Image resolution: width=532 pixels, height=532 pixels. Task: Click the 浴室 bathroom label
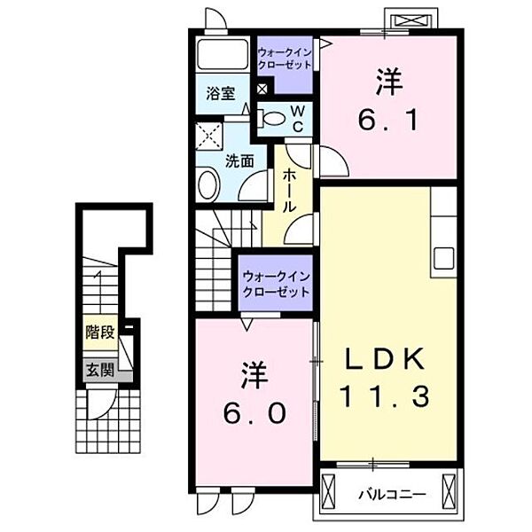[x=221, y=94]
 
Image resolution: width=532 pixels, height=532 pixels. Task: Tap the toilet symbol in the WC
[x=271, y=119]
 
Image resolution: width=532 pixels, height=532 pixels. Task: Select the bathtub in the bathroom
[x=223, y=54]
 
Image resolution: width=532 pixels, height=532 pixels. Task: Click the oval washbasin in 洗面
[x=207, y=185]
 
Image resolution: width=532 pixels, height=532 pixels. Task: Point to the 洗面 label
[x=239, y=161]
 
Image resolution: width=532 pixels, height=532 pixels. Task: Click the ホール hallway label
[x=289, y=191]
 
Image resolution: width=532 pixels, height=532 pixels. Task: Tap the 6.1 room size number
[x=387, y=120]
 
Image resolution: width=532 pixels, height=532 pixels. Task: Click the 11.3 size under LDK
[x=385, y=396]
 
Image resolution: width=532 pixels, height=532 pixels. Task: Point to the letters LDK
[x=386, y=358]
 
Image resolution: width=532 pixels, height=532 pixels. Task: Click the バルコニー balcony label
[x=392, y=495]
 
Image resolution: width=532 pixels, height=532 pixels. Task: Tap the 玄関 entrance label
[x=99, y=370]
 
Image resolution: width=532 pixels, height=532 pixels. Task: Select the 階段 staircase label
[x=99, y=332]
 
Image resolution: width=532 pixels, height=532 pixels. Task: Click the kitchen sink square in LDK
[x=443, y=258]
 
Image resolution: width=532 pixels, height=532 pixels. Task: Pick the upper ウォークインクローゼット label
[x=285, y=59]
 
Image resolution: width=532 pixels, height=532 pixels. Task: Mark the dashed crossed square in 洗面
[x=209, y=137]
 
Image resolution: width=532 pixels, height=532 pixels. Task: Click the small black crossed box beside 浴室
[x=262, y=90]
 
